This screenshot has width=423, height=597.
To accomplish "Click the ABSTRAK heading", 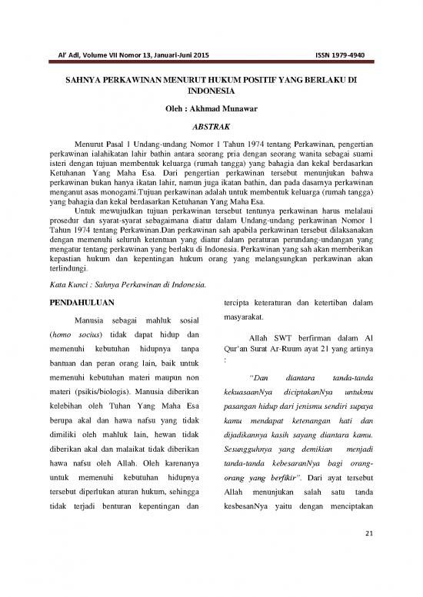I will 211,127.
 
